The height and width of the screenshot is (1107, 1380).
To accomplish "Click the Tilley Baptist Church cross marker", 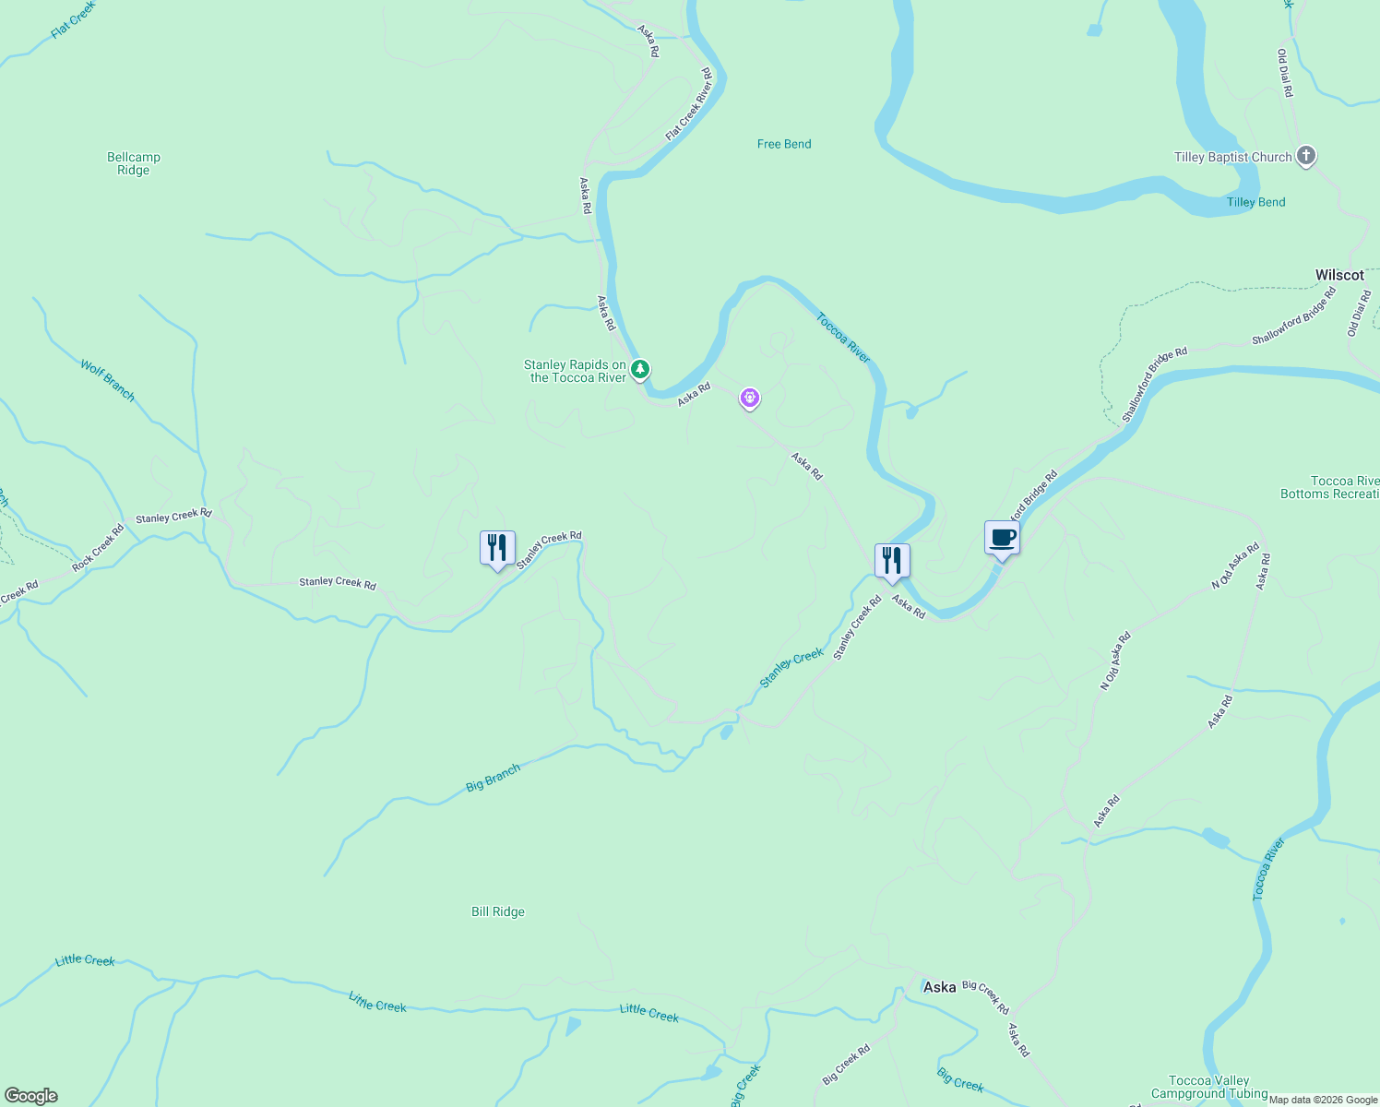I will (x=1305, y=156).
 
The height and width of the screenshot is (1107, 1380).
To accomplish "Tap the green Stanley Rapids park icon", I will (x=639, y=370).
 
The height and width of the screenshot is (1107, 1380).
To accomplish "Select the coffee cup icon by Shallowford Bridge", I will (x=1002, y=539).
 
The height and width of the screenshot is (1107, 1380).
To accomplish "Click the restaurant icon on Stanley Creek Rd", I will (x=497, y=548).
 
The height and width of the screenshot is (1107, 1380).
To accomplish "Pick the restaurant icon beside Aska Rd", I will (x=892, y=561).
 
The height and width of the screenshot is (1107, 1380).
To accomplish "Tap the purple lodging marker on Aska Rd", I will (x=750, y=399).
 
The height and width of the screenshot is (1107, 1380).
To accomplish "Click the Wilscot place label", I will (x=1338, y=275).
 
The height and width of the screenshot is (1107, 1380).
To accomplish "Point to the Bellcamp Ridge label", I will (x=134, y=163).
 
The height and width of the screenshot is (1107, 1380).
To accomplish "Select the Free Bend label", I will (x=784, y=144).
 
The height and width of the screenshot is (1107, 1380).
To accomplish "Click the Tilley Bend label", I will (x=1255, y=202).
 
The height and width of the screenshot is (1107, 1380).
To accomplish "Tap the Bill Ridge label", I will (x=498, y=911).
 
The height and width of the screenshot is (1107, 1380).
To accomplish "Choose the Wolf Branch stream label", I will (x=107, y=381).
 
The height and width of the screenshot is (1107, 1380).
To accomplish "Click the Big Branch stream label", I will (x=493, y=778).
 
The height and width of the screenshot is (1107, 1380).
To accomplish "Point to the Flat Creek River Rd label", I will (x=689, y=104).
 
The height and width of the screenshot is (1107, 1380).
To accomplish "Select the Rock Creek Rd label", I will (x=98, y=547).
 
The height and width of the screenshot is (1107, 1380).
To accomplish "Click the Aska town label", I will (x=940, y=987).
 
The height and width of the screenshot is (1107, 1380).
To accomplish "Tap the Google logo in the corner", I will (x=30, y=1096).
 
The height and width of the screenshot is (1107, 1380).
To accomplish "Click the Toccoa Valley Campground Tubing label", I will (x=1209, y=1087).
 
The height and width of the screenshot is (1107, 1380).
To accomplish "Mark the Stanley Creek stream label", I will (x=791, y=668).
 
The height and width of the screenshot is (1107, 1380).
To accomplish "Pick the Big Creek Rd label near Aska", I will (x=985, y=997).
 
